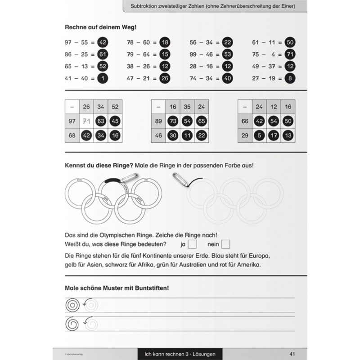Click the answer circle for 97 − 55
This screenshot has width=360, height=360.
point(102,42)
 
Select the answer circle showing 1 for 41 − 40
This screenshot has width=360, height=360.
point(102,78)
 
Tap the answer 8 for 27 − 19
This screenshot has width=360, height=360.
point(290,78)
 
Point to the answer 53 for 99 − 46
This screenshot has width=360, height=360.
point(227,54)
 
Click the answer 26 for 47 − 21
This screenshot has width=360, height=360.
point(165,78)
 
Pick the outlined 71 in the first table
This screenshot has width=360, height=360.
point(87,121)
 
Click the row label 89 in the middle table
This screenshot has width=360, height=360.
point(158,121)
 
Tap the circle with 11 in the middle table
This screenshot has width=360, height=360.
point(187,135)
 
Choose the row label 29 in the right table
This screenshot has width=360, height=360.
point(245,135)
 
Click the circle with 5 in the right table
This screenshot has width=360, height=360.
point(259,135)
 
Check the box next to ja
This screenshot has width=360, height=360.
point(192,244)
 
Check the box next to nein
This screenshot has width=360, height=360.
point(225,244)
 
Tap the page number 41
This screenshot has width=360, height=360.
point(292,354)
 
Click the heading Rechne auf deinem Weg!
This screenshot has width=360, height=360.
point(101,27)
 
